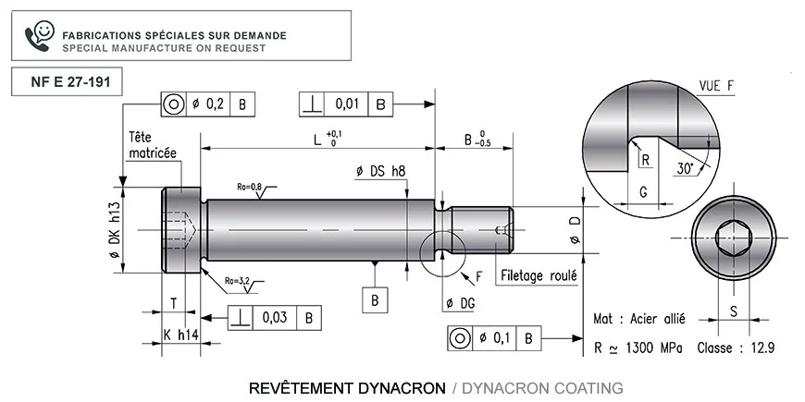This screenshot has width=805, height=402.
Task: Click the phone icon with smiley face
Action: (x=39, y=36)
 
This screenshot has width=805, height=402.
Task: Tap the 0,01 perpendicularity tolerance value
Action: (x=347, y=104)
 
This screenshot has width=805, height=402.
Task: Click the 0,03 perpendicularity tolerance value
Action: (x=275, y=318)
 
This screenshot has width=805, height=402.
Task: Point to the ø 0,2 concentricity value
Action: (x=208, y=104)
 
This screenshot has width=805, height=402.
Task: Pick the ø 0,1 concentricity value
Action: (x=494, y=338)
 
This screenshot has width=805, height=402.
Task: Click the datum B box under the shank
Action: (x=375, y=300)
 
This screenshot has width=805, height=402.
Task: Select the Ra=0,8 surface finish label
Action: (x=250, y=187)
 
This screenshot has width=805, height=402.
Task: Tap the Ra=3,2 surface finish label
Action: (x=237, y=281)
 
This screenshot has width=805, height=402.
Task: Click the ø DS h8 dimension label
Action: (x=381, y=171)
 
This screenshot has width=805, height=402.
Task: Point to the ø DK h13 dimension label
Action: (x=114, y=231)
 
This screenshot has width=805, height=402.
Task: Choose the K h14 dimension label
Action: (x=180, y=335)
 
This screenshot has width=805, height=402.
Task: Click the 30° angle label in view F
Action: (x=685, y=169)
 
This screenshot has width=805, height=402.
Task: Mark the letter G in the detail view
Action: (x=642, y=192)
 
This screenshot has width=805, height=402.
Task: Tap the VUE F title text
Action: (x=716, y=87)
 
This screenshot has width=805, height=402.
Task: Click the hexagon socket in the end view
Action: (x=734, y=238)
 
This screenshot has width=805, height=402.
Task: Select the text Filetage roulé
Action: (x=539, y=276)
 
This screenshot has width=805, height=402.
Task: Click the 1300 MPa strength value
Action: (x=654, y=348)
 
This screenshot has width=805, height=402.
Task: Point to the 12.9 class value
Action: (x=762, y=348)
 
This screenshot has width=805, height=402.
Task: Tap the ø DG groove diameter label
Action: (x=461, y=304)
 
